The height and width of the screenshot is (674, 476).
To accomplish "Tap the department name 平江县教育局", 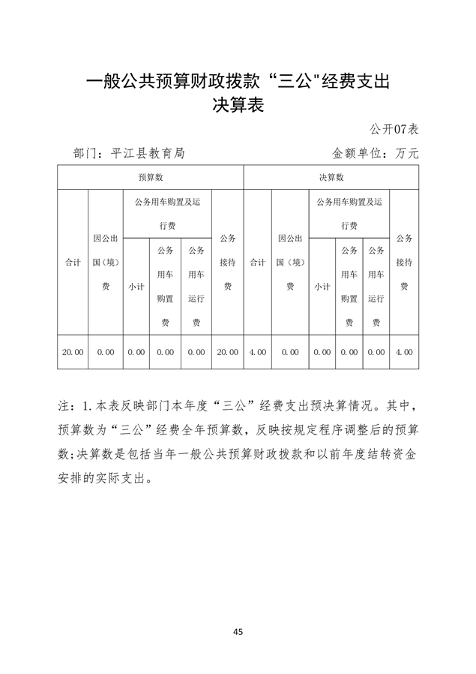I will (147, 153).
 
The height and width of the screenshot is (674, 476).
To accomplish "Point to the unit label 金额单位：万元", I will (375, 153).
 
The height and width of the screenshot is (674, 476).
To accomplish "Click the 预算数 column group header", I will (151, 178).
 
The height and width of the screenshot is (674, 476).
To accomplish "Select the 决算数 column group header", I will (331, 178).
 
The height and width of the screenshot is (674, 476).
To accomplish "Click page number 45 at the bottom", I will (238, 632).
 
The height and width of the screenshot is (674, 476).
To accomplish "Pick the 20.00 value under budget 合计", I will (73, 352).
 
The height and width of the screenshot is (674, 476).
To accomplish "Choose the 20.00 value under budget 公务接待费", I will (227, 352).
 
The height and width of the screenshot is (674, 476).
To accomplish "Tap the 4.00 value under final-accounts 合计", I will (257, 352).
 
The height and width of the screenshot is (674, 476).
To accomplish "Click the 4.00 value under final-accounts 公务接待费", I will (404, 352).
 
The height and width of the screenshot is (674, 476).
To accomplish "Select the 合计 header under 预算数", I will (73, 263).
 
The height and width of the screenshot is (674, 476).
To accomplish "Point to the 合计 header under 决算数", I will (257, 263).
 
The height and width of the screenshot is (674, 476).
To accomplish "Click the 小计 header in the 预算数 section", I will (136, 287).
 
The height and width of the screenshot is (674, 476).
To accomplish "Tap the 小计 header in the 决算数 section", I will (322, 287).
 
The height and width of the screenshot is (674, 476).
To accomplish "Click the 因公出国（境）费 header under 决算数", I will (290, 262).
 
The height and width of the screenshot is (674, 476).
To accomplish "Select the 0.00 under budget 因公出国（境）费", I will (106, 352).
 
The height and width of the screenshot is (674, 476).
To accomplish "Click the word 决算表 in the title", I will (238, 105).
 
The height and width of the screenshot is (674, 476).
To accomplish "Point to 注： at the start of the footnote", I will (67, 406).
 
